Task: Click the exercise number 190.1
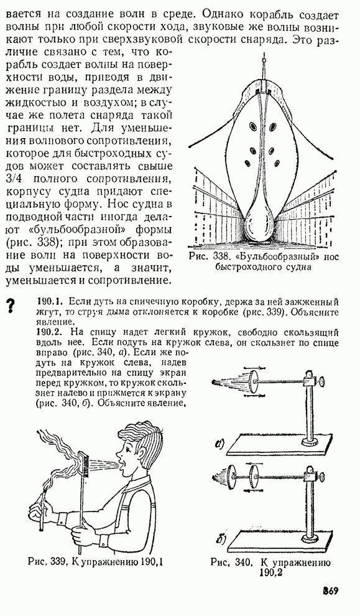coord(50,302)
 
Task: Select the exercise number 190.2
coord(50,332)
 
